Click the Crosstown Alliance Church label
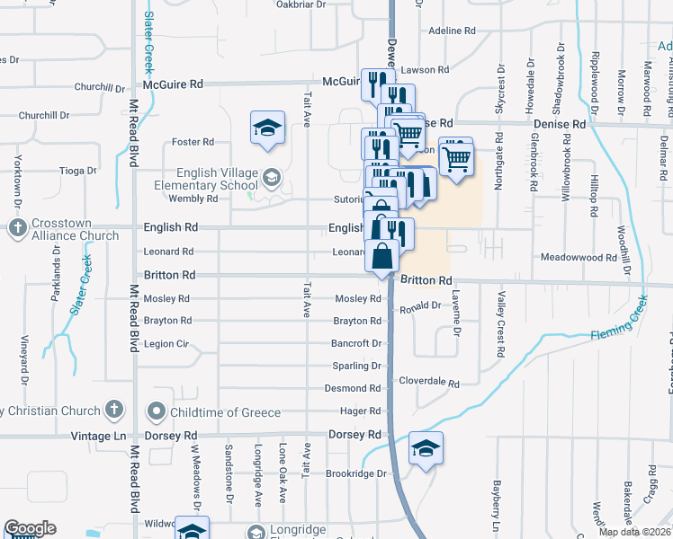(73, 229)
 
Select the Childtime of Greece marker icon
(157, 412)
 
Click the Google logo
(30, 528)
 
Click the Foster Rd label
(193, 142)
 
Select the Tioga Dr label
(77, 171)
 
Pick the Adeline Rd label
(452, 31)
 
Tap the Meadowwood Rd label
(578, 258)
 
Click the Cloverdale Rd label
(429, 383)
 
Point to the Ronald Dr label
(420, 306)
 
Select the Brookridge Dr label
(355, 473)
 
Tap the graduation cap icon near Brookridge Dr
(426, 448)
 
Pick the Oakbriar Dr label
(301, 4)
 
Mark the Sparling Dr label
(357, 367)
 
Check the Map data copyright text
(634, 532)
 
